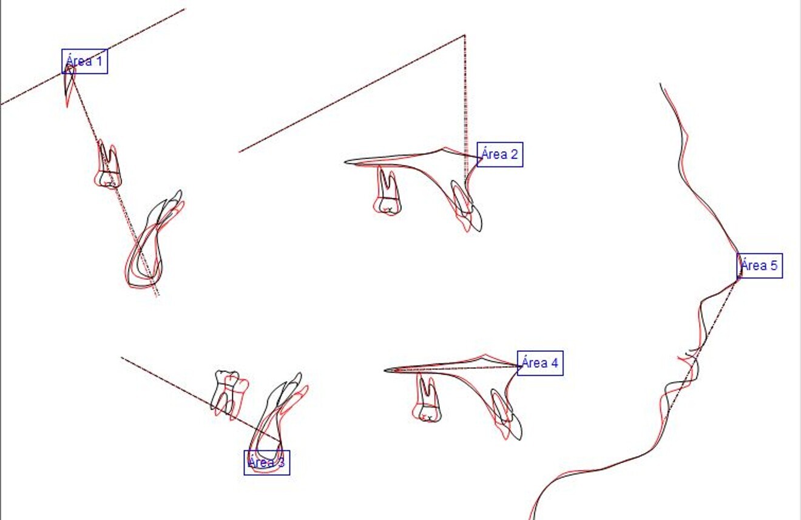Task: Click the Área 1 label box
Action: coord(85,61)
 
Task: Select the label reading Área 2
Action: coord(500,155)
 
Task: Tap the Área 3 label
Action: coord(267,462)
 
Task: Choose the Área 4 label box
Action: coord(540,363)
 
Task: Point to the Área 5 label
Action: coord(760,266)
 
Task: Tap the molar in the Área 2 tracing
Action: coord(388,192)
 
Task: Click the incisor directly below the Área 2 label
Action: coord(467,206)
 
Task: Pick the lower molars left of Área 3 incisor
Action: coord(229,393)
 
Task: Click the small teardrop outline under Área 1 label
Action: coord(70,85)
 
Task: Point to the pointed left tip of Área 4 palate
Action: coord(387,370)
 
